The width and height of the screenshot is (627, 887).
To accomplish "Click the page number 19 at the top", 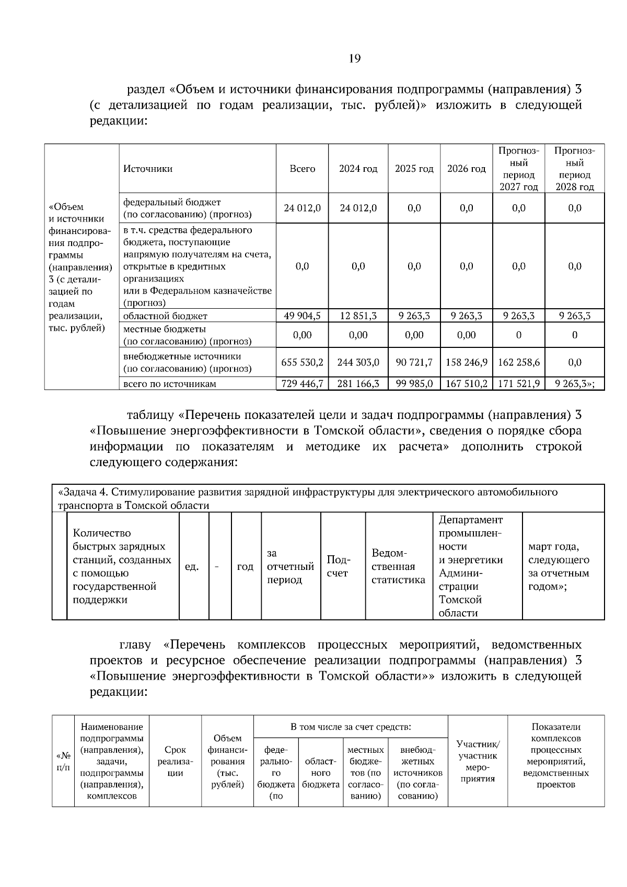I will pyautogui.click(x=354, y=58).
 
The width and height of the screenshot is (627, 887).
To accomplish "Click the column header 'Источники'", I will pyautogui.click(x=148, y=169).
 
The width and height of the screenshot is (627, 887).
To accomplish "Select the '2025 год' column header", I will pyautogui.click(x=414, y=169).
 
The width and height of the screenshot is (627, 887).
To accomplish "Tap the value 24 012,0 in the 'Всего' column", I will pyautogui.click(x=302, y=208).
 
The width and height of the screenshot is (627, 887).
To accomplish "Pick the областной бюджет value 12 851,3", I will pyautogui.click(x=358, y=316).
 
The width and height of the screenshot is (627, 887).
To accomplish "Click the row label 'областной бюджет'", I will pyautogui.click(x=165, y=316).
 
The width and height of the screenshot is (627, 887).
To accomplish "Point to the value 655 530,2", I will pyautogui.click(x=302, y=362).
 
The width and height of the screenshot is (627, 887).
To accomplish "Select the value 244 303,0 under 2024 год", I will pyautogui.click(x=358, y=362).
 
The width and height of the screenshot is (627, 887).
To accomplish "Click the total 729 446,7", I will pyautogui.click(x=302, y=384).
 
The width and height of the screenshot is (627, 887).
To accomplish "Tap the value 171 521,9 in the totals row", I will pyautogui.click(x=518, y=384).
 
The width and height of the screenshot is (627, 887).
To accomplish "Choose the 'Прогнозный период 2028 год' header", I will pyautogui.click(x=574, y=169).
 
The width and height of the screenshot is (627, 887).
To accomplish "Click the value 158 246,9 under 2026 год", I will pyautogui.click(x=467, y=362).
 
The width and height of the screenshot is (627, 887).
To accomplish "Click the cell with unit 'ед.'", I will pyautogui.click(x=192, y=566).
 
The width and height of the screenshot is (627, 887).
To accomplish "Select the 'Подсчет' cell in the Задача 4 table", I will pyautogui.click(x=338, y=566).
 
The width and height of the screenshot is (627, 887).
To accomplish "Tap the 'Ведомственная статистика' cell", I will pyautogui.click(x=398, y=566).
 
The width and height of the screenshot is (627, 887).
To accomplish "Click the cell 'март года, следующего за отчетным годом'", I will pyautogui.click(x=559, y=566).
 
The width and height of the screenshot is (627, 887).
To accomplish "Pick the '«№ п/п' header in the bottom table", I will pyautogui.click(x=63, y=761).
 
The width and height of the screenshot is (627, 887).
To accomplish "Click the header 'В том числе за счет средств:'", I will pyautogui.click(x=351, y=727).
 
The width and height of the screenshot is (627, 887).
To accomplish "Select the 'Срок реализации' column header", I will pyautogui.click(x=175, y=761).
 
